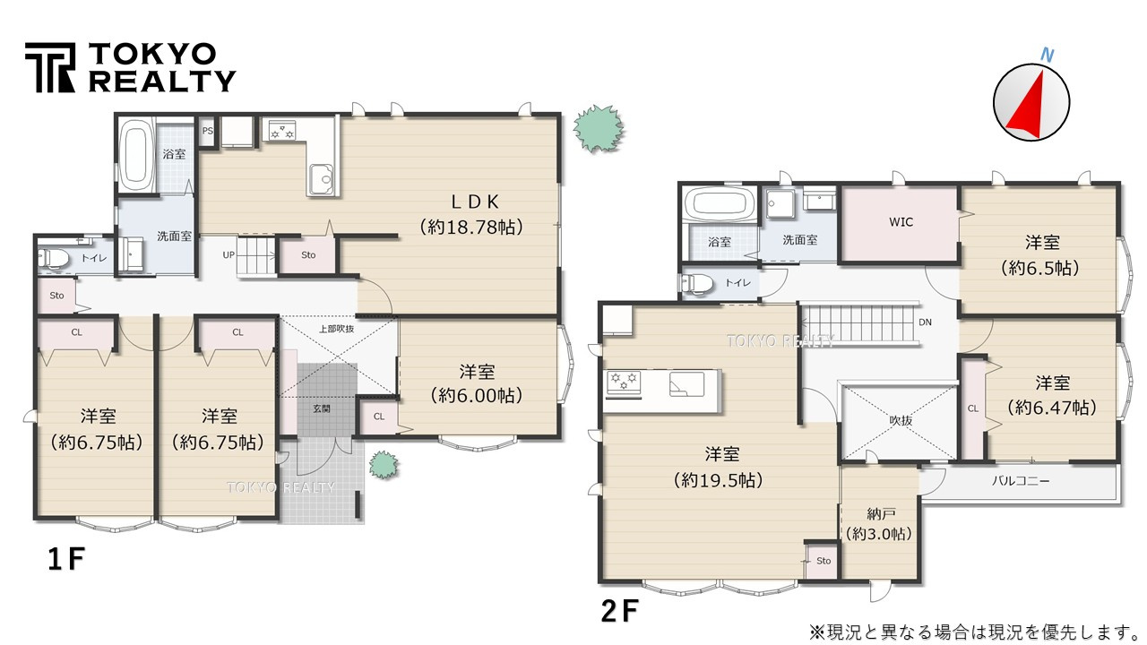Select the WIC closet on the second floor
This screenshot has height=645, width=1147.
point(901,223)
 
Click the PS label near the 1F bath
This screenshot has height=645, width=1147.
point(207,131)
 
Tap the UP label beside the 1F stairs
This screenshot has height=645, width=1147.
point(229,255)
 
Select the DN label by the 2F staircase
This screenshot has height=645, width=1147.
point(925,322)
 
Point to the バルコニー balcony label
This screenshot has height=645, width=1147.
point(1021,481)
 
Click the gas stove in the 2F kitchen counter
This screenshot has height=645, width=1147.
point(624,383)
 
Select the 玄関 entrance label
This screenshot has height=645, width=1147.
point(322,408)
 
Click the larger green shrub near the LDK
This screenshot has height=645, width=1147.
point(598,128)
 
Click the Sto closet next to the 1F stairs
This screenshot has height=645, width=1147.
point(308,255)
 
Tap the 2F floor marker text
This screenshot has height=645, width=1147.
point(619,611)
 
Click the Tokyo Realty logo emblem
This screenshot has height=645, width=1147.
point(50,67)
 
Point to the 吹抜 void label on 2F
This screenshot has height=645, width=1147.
point(901,421)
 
